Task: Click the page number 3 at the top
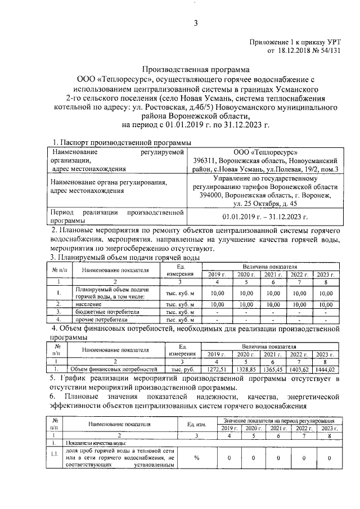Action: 196,23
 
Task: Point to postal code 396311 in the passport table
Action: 201,160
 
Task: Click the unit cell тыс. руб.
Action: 182,370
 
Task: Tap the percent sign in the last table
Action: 197,458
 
